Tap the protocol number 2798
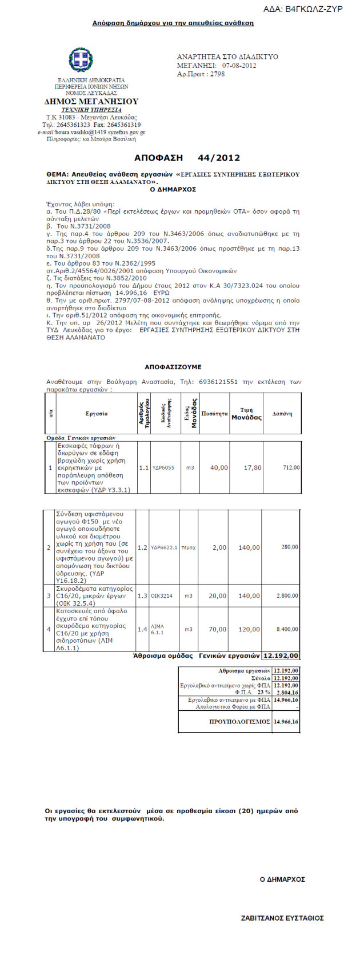(217, 74)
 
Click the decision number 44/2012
(218, 158)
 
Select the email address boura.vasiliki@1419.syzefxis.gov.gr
(99, 132)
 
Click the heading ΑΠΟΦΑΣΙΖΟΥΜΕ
(173, 367)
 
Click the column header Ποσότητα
(215, 413)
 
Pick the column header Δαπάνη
(282, 413)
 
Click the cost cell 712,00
(291, 467)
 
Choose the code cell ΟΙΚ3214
(162, 595)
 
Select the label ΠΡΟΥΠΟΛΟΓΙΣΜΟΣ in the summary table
(240, 722)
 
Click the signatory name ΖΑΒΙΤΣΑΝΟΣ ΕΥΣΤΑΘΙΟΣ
(282, 918)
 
